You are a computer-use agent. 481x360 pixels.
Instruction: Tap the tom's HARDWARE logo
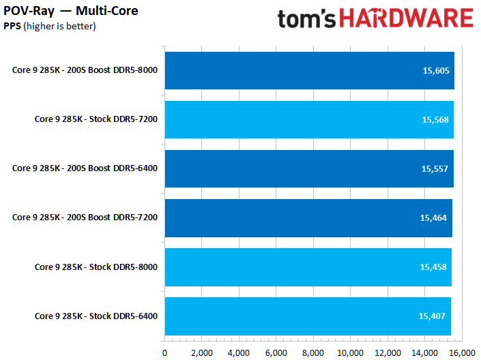(x=375, y=18)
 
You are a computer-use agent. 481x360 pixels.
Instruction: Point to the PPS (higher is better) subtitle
(x=50, y=26)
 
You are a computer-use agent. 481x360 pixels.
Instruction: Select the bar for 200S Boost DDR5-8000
(x=309, y=70)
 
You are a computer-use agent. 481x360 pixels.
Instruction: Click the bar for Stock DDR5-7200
(x=309, y=119)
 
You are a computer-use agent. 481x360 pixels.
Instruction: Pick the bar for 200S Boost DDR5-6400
(x=309, y=168)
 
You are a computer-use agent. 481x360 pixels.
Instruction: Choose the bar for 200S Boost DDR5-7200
(x=308, y=217)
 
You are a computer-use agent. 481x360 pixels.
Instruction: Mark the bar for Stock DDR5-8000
(x=308, y=267)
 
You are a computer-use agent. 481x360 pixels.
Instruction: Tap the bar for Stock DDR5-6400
(x=307, y=316)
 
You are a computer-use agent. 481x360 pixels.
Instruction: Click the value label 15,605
(x=435, y=70)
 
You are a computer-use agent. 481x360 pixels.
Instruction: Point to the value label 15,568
(x=435, y=119)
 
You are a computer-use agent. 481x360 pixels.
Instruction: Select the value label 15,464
(x=434, y=217)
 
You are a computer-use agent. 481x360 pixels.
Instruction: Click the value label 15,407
(x=433, y=316)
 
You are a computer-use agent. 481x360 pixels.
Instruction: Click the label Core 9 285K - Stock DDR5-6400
(x=96, y=316)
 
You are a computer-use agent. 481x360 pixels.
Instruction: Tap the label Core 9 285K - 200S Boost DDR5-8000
(x=85, y=70)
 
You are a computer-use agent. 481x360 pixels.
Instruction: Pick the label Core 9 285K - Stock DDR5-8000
(x=96, y=267)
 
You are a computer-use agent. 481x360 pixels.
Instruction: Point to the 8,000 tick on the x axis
(x=313, y=352)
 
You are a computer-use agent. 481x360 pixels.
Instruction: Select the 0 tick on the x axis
(x=164, y=352)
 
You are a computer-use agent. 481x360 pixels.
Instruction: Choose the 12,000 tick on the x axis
(x=387, y=352)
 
